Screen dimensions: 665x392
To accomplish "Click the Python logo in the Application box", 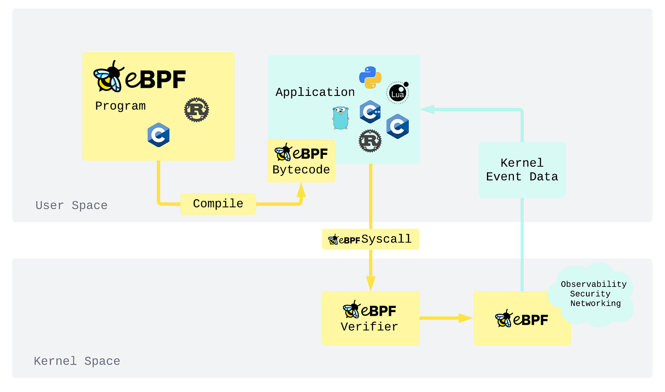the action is pyautogui.click(x=370, y=78).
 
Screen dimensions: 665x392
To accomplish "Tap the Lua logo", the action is pyautogui.click(x=398, y=93).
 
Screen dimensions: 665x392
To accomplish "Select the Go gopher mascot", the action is pyautogui.click(x=341, y=118).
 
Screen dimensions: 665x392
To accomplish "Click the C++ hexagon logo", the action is pyautogui.click(x=370, y=111).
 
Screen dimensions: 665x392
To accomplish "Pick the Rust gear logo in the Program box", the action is pyautogui.click(x=196, y=110).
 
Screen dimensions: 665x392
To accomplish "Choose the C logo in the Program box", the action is pyautogui.click(x=158, y=135).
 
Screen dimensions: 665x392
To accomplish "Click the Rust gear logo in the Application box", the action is pyautogui.click(x=370, y=141).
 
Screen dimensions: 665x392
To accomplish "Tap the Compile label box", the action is pyautogui.click(x=218, y=204).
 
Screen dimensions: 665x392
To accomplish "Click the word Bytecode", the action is pyautogui.click(x=301, y=170).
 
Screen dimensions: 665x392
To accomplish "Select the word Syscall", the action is pyautogui.click(x=386, y=239).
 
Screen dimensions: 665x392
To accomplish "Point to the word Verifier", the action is pyautogui.click(x=369, y=327).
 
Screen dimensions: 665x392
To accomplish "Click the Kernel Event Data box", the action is pyautogui.click(x=522, y=170).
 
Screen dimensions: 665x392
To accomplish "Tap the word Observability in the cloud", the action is pyautogui.click(x=594, y=284).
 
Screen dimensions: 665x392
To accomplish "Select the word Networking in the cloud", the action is pyautogui.click(x=596, y=303).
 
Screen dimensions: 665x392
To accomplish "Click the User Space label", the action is pyautogui.click(x=72, y=206).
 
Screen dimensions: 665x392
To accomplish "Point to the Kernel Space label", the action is pyautogui.click(x=77, y=361).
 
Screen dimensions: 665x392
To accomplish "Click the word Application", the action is pyautogui.click(x=315, y=92).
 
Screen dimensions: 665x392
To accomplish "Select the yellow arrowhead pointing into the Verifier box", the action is pyautogui.click(x=370, y=283).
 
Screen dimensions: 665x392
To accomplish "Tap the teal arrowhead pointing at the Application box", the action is pyautogui.click(x=427, y=109).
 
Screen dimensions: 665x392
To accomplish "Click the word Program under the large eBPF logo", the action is pyautogui.click(x=120, y=106).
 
